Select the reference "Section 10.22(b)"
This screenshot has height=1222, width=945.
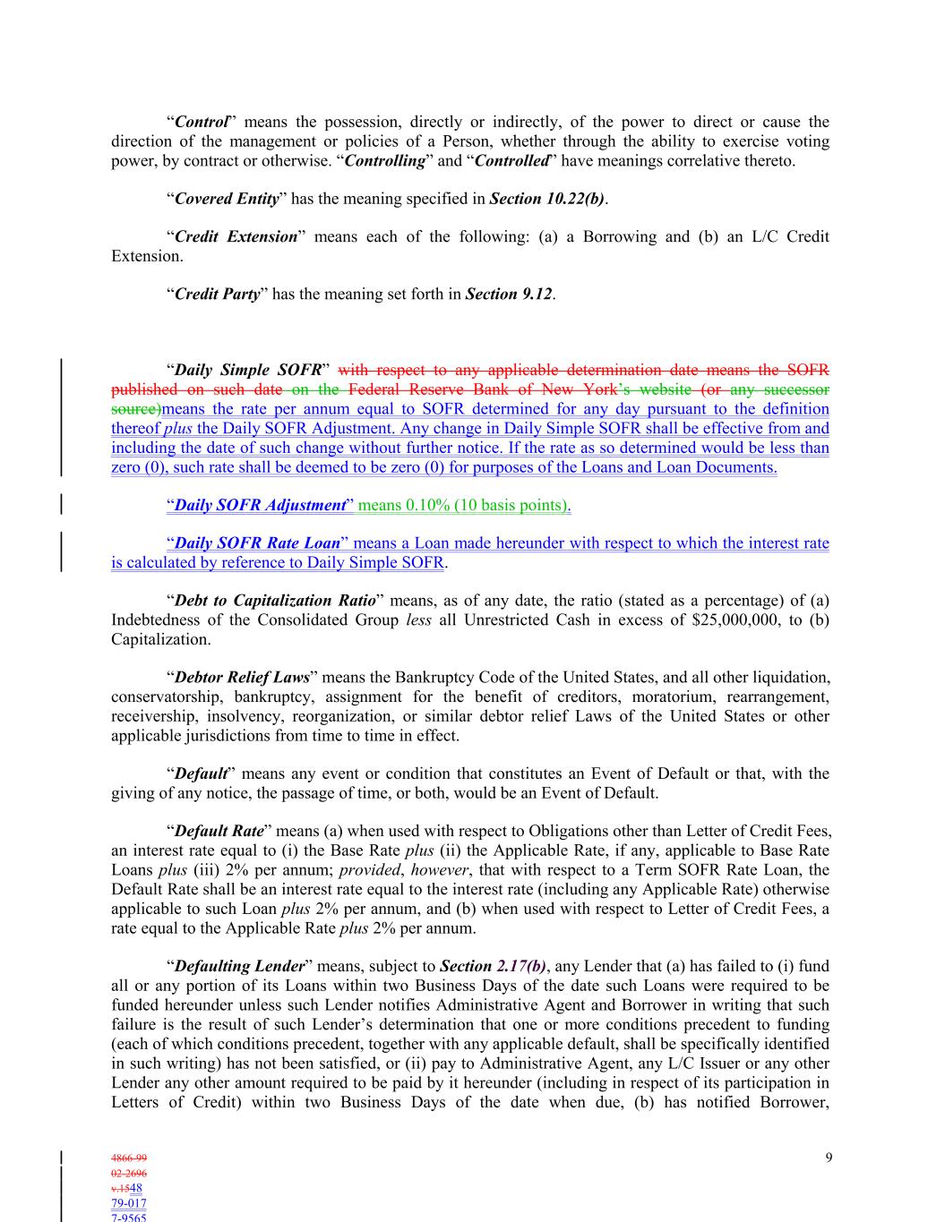point(546,199)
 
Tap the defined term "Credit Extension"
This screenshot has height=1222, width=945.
point(236,236)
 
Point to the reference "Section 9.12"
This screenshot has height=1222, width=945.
point(508,294)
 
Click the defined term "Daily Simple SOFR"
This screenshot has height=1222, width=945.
point(247,370)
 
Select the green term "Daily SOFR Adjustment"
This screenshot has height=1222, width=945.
point(260,505)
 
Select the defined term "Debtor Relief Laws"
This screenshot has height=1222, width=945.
point(242,677)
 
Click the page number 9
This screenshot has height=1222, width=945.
point(829,1158)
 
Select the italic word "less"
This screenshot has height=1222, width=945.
point(418,620)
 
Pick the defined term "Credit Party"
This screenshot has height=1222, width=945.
point(217,294)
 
